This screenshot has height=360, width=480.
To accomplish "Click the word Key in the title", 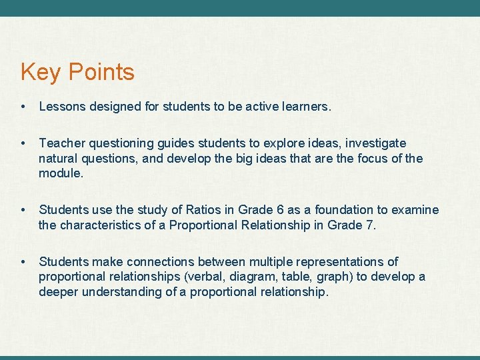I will click(39, 72).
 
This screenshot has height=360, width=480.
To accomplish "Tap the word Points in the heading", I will click(99, 72).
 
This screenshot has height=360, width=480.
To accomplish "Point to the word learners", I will click(304, 106).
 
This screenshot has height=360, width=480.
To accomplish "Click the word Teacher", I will click(61, 143).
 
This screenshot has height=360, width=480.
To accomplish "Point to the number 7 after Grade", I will click(370, 225).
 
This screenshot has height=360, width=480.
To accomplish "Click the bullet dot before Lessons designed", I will click(23, 106).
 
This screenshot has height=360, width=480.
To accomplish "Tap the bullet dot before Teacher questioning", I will click(23, 143).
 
